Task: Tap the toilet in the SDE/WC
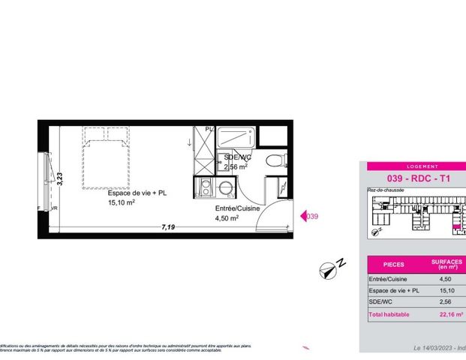point(277,159)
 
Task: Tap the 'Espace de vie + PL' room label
point(137,193)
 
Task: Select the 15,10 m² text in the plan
point(121,202)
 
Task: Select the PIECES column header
point(393,265)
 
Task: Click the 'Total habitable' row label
point(389,315)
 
